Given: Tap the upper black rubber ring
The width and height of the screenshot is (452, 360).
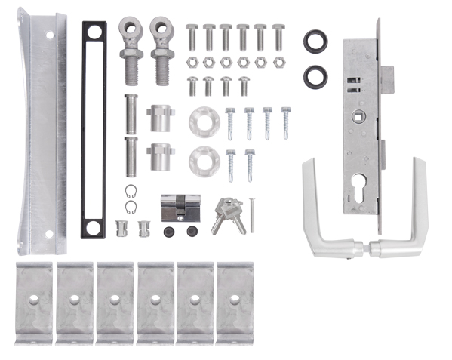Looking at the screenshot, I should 315,41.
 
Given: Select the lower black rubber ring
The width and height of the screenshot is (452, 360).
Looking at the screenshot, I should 315,75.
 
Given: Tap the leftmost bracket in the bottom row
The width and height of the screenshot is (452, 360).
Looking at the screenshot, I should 34,302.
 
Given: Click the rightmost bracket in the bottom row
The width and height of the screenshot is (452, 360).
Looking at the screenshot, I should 235,302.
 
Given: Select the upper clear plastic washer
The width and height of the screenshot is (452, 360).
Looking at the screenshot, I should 202,120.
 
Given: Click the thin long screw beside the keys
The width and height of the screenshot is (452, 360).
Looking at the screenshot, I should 252,215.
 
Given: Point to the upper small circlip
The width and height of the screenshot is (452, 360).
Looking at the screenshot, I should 131,191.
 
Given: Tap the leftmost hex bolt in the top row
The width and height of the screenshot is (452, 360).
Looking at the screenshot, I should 191,36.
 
